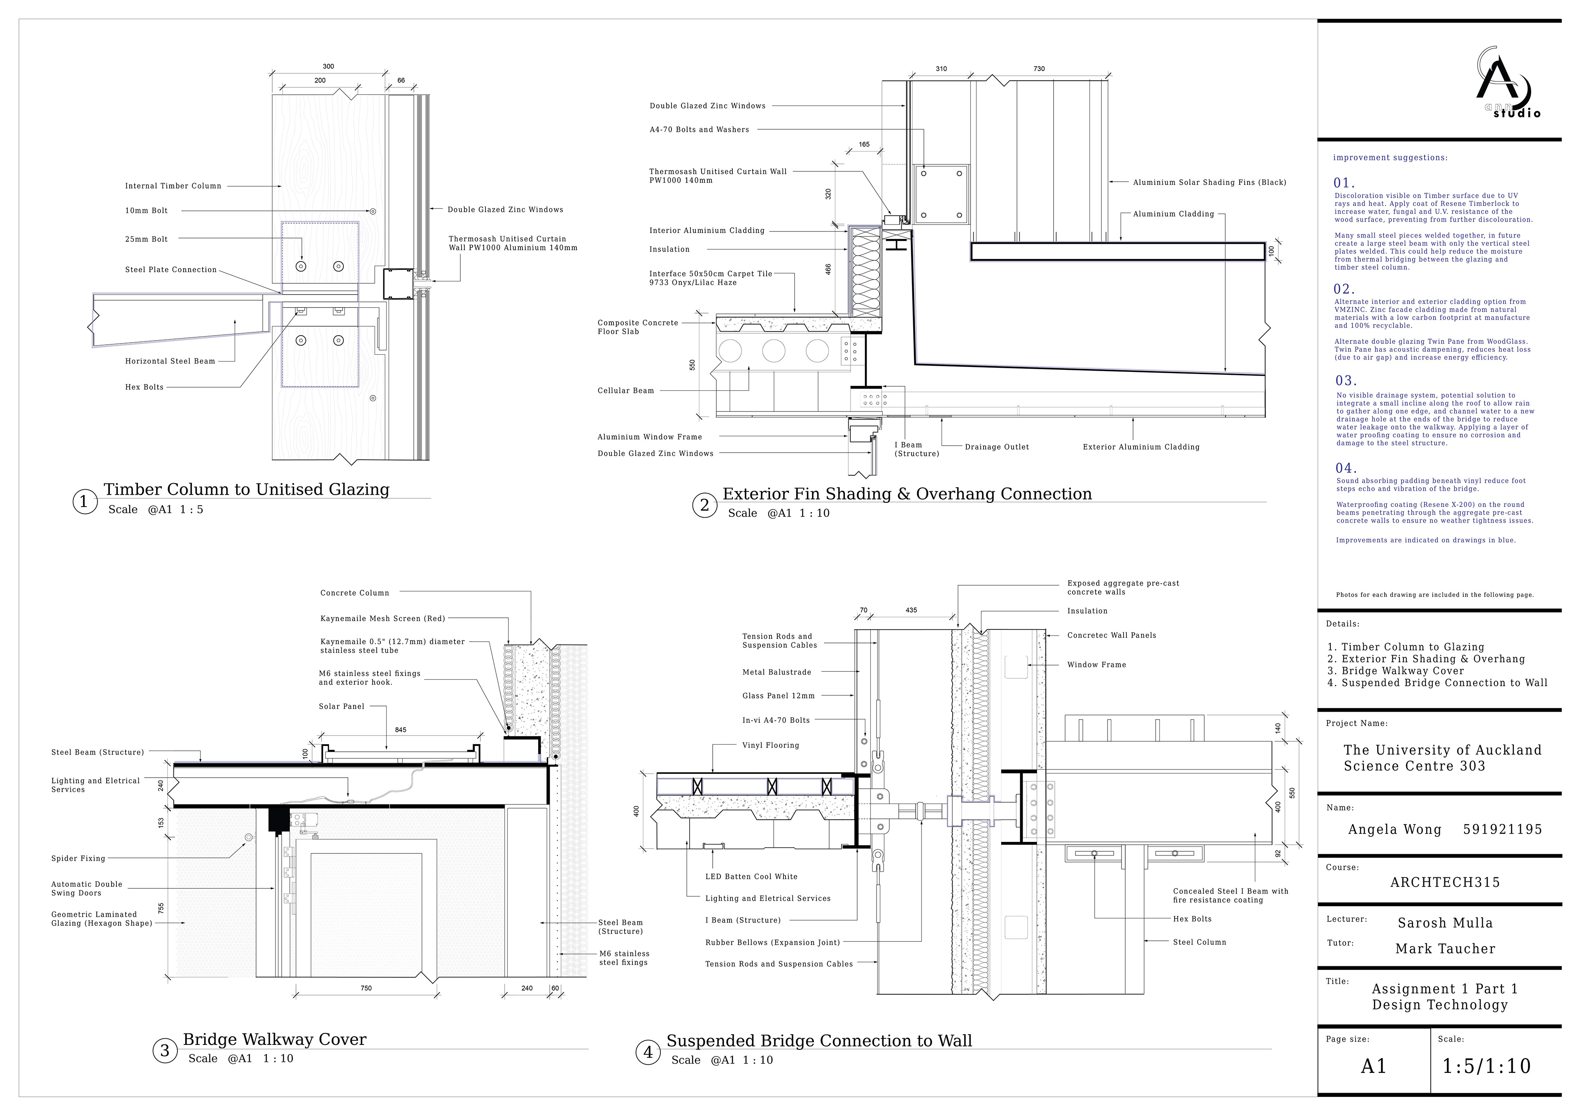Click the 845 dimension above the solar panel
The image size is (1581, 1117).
coord(401,730)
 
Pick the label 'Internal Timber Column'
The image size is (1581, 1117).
coord(173,186)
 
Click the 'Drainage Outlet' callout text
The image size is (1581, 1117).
coord(997,447)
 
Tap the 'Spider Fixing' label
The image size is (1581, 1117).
coord(79,859)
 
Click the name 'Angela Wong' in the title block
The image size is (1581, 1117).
coord(1394,830)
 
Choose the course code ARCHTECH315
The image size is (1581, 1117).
coord(1445,883)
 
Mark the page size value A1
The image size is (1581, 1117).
coord(1374,1067)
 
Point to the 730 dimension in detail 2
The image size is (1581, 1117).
coord(1039,69)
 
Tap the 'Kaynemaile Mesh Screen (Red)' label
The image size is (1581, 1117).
coord(383,618)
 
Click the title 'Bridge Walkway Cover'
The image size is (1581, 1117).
coord(275,1039)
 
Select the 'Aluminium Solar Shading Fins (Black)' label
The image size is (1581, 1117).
coord(1210,182)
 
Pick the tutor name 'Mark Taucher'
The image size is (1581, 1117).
coord(1446,949)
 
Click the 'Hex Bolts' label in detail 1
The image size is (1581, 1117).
coord(145,387)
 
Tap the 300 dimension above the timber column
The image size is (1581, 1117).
coord(329,67)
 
